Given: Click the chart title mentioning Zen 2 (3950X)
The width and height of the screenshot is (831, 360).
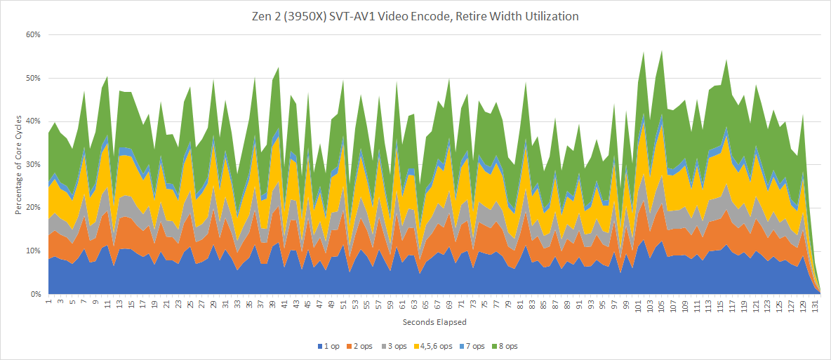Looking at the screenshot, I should pyautogui.click(x=415, y=16).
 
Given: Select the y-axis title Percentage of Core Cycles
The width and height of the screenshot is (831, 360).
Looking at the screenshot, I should pyautogui.click(x=18, y=164).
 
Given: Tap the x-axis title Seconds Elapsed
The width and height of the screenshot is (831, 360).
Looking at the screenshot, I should pyautogui.click(x=433, y=322).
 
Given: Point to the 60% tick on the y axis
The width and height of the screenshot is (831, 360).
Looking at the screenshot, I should pyautogui.click(x=33, y=34).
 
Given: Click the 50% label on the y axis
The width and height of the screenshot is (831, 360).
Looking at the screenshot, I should pyautogui.click(x=33, y=78).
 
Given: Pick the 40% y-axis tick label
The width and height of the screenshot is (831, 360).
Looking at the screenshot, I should pyautogui.click(x=33, y=121).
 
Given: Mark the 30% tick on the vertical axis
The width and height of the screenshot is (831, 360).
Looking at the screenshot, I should pyautogui.click(x=33, y=165).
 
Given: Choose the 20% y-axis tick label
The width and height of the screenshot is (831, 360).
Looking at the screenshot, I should pyautogui.click(x=33, y=208).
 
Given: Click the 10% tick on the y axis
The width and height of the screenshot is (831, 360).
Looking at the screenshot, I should pyautogui.click(x=33, y=251).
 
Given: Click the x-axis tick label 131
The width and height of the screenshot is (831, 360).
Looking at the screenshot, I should pyautogui.click(x=816, y=305).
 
